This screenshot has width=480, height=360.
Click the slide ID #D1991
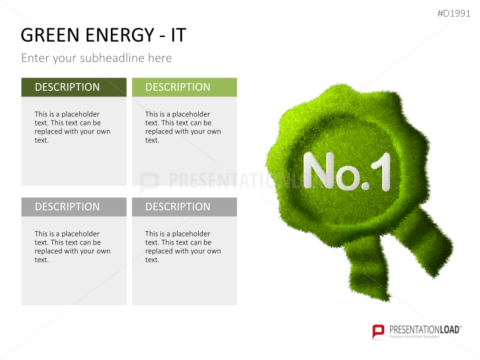pyautogui.click(x=455, y=13)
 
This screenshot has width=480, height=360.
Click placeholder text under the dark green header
pyautogui.click(x=72, y=127)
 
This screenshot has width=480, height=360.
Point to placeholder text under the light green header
pyautogui.click(x=183, y=127)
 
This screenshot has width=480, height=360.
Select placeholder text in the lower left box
pyautogui.click(x=72, y=246)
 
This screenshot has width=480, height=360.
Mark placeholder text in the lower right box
pyautogui.click(x=183, y=246)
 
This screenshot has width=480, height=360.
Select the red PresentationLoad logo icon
pyautogui.click(x=378, y=331)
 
